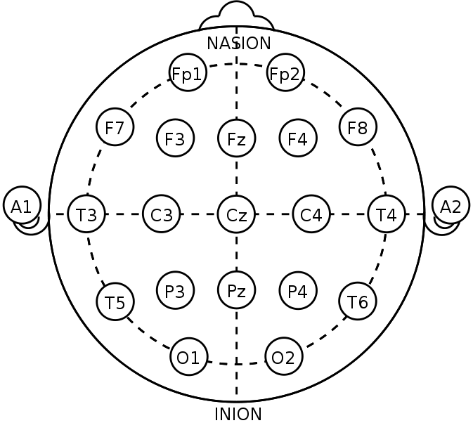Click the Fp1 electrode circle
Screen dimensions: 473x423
coord(188,72)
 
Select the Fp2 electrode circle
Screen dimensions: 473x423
coord(285,72)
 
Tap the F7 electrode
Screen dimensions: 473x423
coord(115,127)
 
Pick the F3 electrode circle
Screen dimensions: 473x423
coord(175,138)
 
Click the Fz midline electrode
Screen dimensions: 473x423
coord(236,138)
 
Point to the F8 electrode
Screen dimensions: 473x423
coord(358,127)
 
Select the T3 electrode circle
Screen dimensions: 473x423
coord(86,214)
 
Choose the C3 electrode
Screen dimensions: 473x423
coord(162,214)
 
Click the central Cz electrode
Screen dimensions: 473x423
coord(236,214)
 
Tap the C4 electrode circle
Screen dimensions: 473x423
coord(311,214)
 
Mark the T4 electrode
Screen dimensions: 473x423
coord(387,214)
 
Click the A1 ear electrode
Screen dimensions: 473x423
coord(22,205)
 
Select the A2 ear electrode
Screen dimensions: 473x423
coord(451,205)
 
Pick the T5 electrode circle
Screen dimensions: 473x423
coord(115,301)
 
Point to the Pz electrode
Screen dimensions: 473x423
coord(236,290)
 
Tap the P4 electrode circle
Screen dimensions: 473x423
coord(298,290)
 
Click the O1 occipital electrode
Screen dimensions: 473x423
coord(189,357)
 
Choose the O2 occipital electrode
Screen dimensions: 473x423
coord(284,356)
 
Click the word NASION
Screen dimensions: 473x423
coord(239,43)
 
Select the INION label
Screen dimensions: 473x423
coord(238,414)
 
